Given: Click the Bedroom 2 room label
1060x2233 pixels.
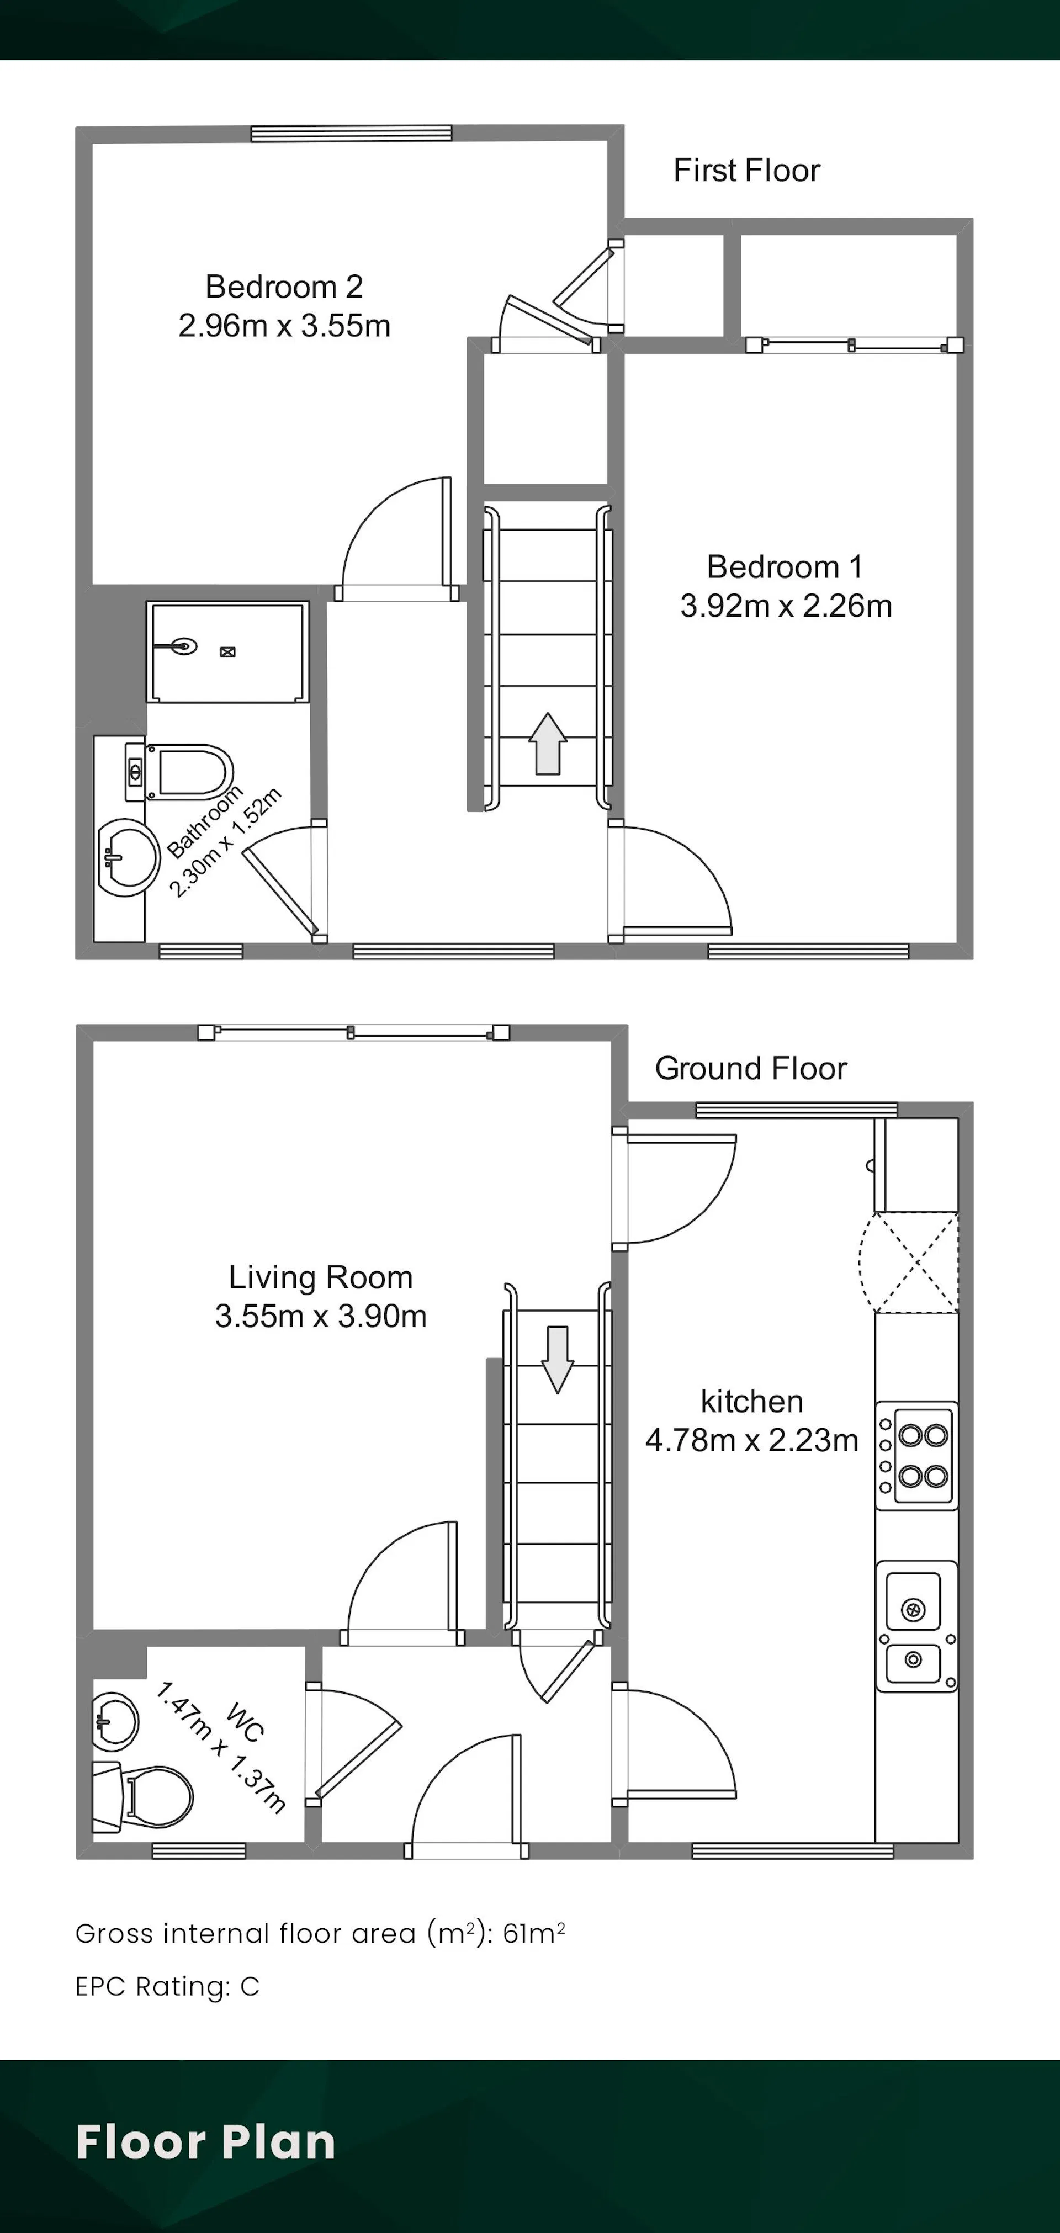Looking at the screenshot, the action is (x=284, y=286).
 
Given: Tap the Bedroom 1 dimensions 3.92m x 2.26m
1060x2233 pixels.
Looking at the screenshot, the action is (x=786, y=606).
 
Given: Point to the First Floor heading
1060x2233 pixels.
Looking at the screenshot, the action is (x=746, y=171).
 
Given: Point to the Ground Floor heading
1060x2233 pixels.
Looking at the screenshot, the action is (x=751, y=1069).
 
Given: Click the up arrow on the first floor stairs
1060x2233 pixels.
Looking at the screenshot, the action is (x=548, y=744).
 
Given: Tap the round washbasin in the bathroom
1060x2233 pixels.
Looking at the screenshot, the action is (x=128, y=857).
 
